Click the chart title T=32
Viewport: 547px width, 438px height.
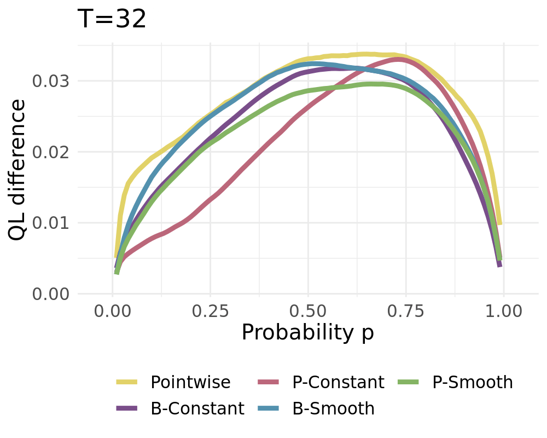coord(112,20)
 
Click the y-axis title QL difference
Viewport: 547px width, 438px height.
coord(18,170)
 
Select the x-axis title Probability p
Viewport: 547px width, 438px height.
coord(307,332)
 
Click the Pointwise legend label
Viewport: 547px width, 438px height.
coord(190,382)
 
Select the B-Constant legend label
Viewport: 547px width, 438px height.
coord(197,408)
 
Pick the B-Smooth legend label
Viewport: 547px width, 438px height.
coord(334,408)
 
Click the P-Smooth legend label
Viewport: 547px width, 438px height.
coord(473,382)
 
